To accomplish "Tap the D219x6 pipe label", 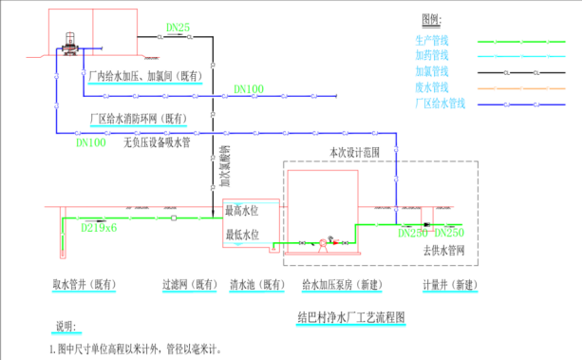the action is [x=99, y=228].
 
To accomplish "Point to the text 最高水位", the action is [x=240, y=210].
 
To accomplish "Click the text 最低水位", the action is [x=240, y=233].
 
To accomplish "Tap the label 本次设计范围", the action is [x=353, y=152].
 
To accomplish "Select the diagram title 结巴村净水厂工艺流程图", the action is [x=351, y=315].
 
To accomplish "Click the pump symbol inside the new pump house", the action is [x=324, y=242].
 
